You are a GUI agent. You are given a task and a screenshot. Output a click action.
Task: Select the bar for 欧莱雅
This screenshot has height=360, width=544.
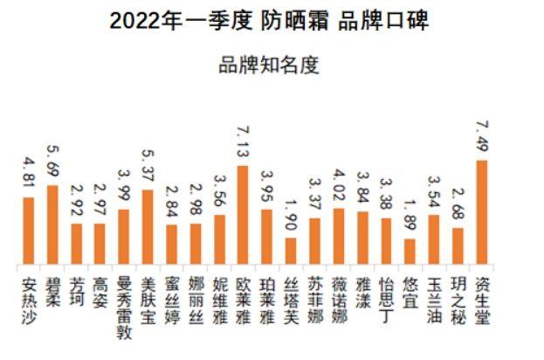(243, 215)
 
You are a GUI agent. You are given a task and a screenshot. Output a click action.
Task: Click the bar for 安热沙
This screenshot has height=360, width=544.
(29, 231)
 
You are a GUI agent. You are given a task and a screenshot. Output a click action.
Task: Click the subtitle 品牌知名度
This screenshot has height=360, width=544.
(271, 65)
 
